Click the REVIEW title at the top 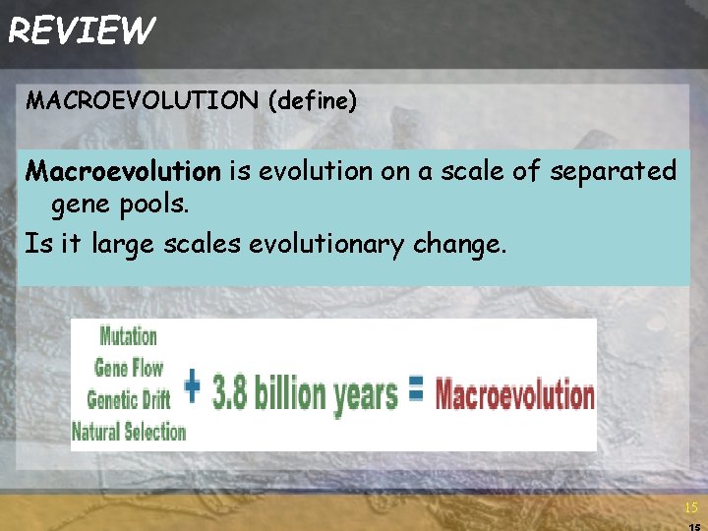[81, 30]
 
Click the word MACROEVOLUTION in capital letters [143, 101]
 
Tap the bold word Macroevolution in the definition [124, 172]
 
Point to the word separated [613, 172]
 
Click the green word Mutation [129, 335]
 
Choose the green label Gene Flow [129, 368]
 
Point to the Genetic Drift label [128, 398]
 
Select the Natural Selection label [129, 431]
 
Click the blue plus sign [193, 387]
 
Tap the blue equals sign [416, 391]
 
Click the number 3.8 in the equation [232, 393]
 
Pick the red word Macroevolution [514, 395]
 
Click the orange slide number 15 [690, 508]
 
